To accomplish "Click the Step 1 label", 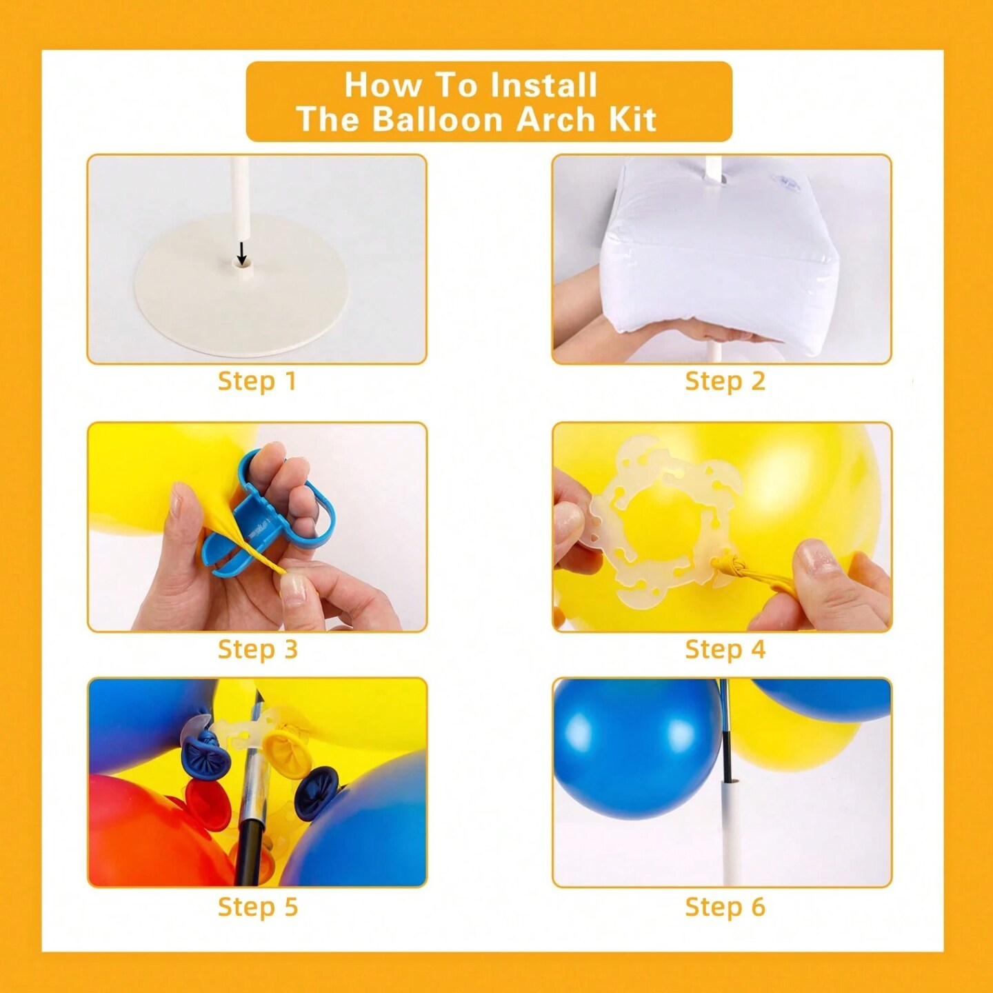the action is (x=257, y=381).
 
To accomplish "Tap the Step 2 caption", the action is (x=725, y=381).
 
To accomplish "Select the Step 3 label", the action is (x=258, y=649).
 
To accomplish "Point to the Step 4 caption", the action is (x=725, y=649).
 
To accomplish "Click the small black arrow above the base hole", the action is (x=242, y=252).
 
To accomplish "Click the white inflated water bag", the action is (x=721, y=248).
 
